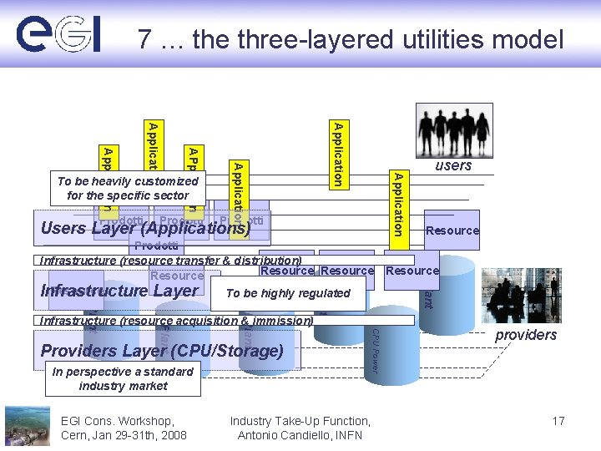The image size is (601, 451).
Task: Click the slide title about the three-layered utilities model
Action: [351, 38]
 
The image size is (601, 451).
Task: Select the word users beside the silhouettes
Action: [453, 165]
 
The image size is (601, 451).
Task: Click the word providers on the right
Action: [526, 335]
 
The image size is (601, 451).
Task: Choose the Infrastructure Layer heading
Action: [119, 291]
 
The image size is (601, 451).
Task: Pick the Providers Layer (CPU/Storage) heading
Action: [162, 351]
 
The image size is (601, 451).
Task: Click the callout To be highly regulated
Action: [288, 293]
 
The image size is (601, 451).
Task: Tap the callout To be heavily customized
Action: [129, 188]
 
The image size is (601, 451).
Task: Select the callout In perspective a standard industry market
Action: [123, 378]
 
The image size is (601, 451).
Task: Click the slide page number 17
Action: [558, 421]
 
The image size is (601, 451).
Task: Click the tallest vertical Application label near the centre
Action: [336, 154]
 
